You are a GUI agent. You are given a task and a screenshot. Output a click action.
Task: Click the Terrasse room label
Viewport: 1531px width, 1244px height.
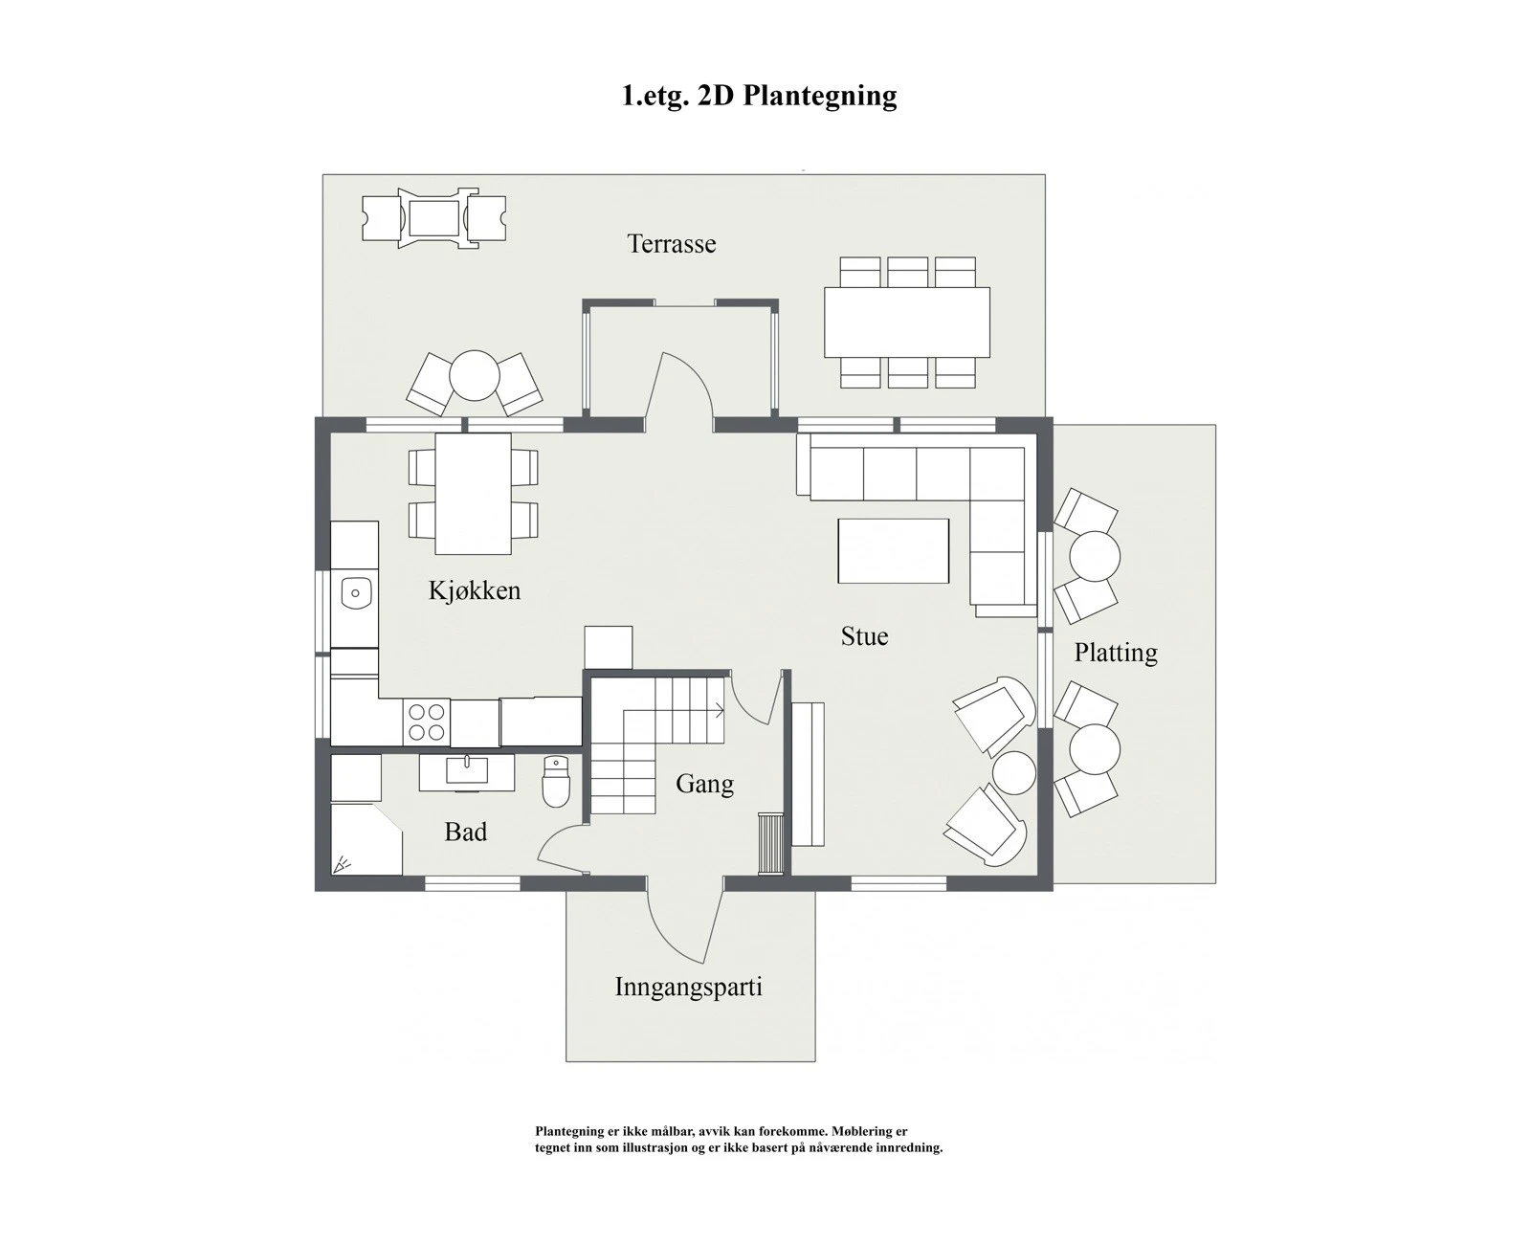[671, 244]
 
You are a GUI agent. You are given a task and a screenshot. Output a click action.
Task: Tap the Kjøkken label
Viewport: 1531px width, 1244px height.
[475, 590]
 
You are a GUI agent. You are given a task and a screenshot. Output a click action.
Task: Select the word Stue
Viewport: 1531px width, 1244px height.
[864, 636]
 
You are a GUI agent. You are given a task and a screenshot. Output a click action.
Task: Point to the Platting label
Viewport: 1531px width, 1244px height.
[1115, 653]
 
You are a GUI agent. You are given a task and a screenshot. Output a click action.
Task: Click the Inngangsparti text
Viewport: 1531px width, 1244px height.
[688, 987]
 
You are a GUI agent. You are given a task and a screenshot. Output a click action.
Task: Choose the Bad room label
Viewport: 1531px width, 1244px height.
[466, 832]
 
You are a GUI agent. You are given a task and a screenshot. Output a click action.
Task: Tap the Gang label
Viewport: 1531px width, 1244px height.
[704, 784]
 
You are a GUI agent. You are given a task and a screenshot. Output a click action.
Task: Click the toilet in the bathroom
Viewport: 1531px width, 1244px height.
[556, 782]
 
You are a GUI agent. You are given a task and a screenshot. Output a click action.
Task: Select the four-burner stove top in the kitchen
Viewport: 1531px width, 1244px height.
[427, 722]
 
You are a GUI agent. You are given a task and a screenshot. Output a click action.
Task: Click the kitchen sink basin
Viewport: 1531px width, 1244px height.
[356, 594]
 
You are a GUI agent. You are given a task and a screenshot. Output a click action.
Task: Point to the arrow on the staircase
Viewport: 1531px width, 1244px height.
[716, 710]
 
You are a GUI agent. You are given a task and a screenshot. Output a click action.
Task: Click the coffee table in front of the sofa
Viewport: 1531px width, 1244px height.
[893, 550]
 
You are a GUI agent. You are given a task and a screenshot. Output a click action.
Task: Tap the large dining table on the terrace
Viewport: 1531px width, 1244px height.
[906, 322]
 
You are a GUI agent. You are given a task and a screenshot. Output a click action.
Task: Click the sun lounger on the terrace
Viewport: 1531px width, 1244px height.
[434, 218]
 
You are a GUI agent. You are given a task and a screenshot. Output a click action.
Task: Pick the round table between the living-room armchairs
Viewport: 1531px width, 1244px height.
[1014, 772]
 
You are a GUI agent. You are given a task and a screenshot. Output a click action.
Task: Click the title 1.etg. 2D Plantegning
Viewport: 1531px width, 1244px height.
[759, 96]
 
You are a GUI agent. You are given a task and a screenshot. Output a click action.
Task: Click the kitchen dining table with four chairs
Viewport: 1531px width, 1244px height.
[473, 493]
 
